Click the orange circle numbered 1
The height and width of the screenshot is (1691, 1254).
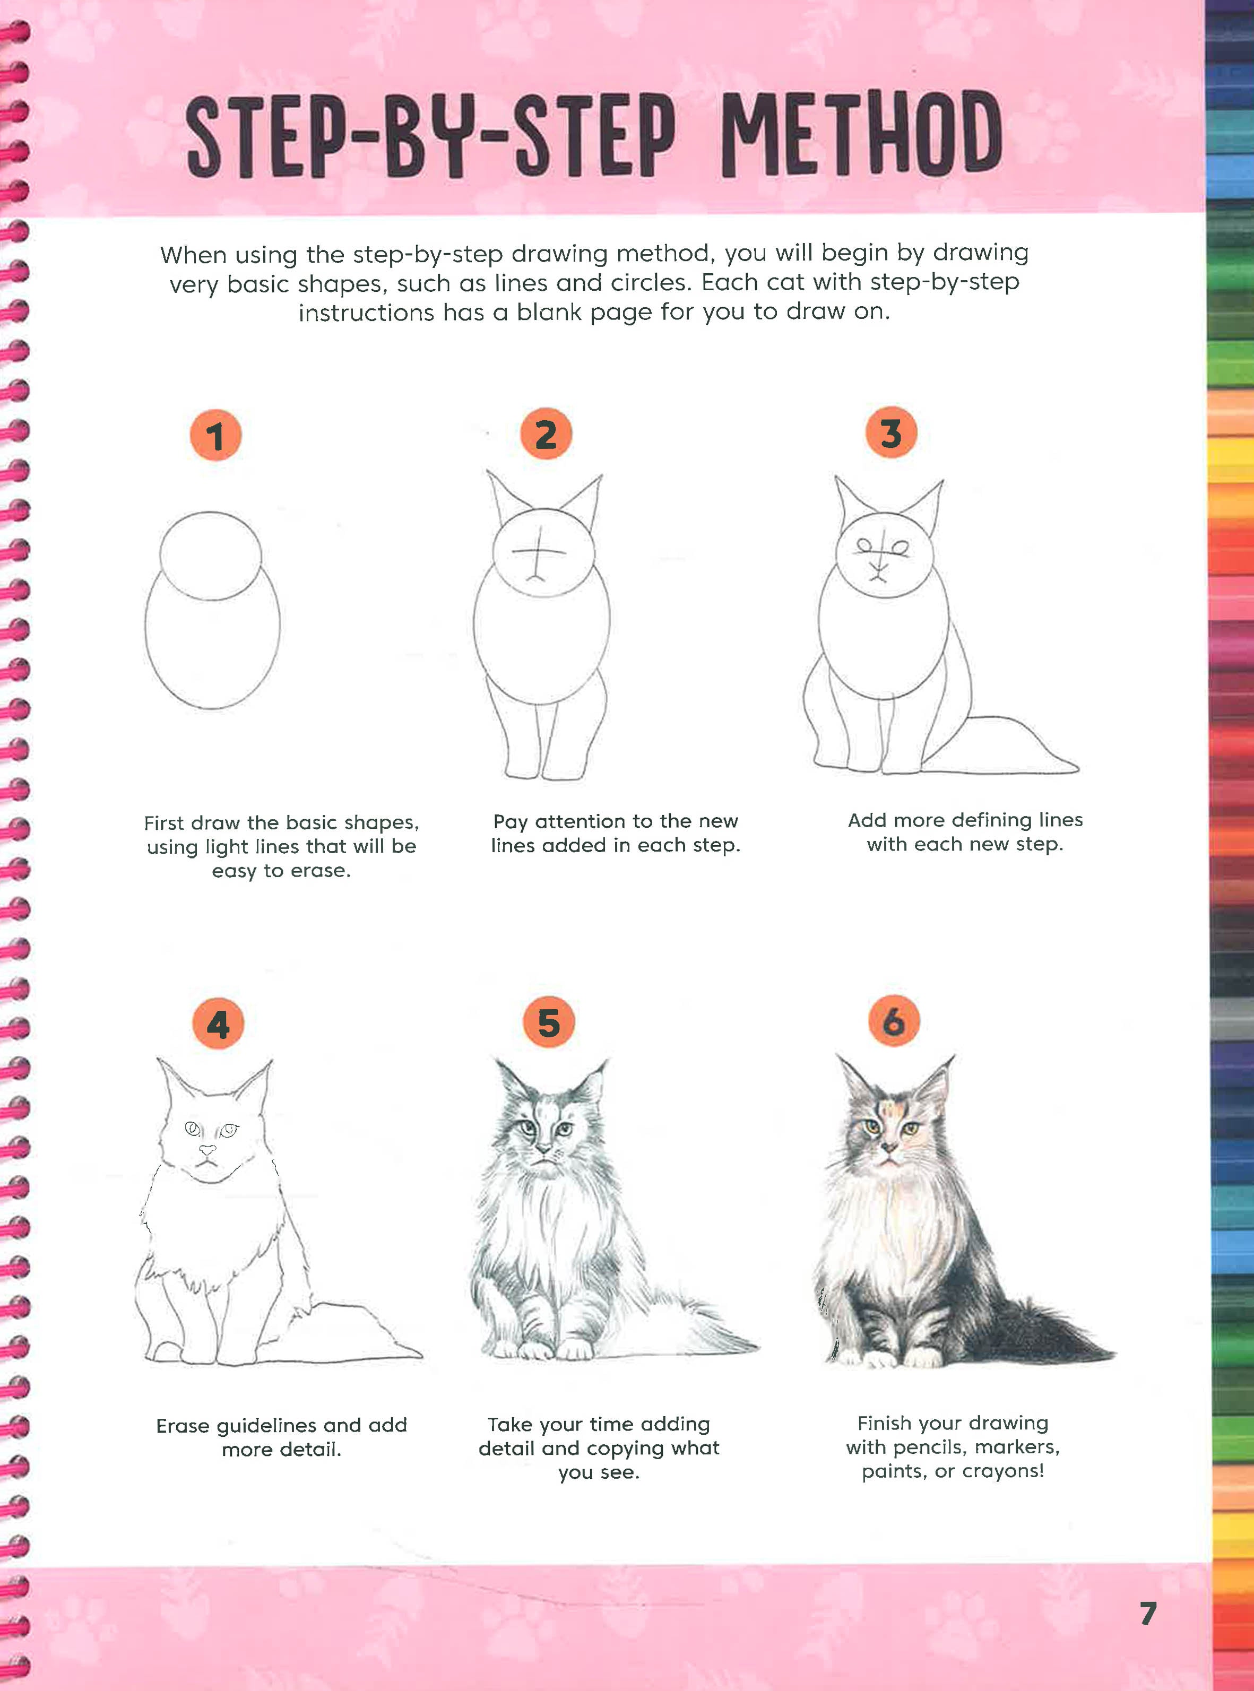tap(215, 436)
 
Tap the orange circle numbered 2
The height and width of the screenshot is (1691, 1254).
tap(546, 434)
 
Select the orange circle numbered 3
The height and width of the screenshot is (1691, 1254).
tap(891, 432)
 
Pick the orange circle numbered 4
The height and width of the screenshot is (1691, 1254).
tap(218, 1025)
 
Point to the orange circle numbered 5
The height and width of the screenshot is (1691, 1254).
tap(549, 1022)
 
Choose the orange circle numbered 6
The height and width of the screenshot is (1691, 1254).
tap(894, 1021)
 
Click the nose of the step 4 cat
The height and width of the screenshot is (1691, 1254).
tap(206, 1151)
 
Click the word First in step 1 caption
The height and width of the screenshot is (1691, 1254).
tap(164, 823)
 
